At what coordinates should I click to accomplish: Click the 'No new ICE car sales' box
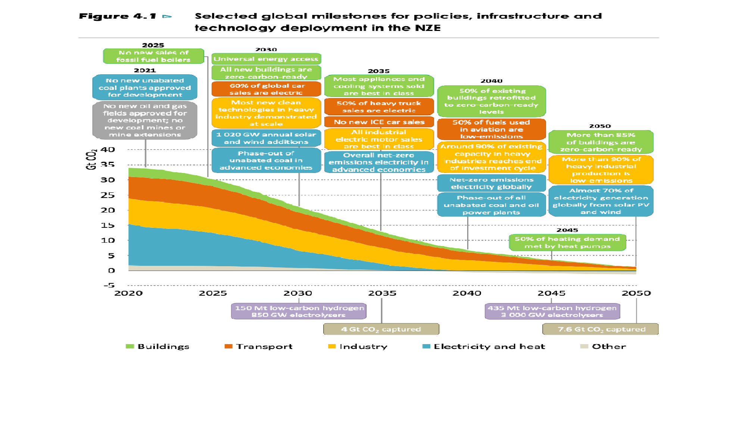point(379,122)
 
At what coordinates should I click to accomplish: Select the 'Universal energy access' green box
point(266,59)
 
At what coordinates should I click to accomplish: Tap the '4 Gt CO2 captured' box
point(381,329)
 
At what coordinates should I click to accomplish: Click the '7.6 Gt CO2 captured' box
point(601,329)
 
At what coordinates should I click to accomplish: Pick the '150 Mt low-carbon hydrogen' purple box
point(299,311)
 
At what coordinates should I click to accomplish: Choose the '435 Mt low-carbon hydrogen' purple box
point(552,311)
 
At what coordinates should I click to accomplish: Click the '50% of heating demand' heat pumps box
point(567,243)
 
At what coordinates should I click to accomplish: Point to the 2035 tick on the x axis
point(382,293)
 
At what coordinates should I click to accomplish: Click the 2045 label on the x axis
point(552,293)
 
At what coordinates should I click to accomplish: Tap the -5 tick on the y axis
point(109,286)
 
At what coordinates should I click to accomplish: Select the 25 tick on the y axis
point(107,195)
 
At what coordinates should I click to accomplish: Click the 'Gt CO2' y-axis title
point(91,160)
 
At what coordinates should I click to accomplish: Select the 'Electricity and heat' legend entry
point(484,347)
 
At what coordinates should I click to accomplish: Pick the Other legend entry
point(603,347)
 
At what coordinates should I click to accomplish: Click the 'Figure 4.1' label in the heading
point(118,16)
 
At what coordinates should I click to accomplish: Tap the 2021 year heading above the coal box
point(145,70)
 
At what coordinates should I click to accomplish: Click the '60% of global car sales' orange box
point(266,89)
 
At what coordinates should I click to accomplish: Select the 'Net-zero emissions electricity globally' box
point(491,183)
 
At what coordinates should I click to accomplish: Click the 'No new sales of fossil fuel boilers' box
point(153,56)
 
